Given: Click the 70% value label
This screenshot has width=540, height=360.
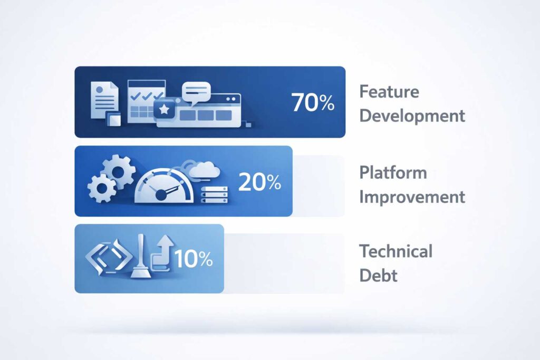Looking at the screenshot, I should click(313, 102).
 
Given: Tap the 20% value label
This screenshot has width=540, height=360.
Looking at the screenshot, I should click(259, 182).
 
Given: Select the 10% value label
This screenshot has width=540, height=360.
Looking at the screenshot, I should click(193, 258).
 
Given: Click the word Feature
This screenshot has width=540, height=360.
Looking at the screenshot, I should click(389, 92).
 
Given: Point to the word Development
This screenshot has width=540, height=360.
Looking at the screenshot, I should click(412, 115).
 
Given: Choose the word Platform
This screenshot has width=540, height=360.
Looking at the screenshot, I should click(393, 172).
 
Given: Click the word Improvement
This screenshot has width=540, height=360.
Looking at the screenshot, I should click(412, 197).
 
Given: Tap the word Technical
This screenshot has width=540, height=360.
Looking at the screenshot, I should click(396, 251).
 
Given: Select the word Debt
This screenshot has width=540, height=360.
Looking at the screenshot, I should click(378, 275).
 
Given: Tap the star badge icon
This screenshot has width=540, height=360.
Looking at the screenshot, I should click(165, 109).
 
